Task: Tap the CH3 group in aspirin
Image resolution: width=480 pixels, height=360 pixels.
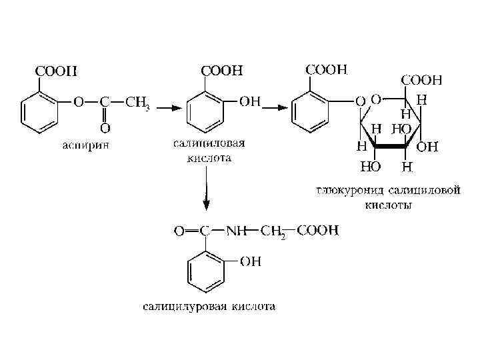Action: tap(137, 103)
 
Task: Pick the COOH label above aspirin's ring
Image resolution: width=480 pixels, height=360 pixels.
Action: tap(45, 69)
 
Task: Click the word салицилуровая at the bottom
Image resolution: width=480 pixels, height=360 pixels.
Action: tap(184, 307)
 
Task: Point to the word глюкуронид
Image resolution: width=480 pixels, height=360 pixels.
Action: tap(350, 191)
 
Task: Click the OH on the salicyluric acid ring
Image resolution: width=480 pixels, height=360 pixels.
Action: tap(251, 262)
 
